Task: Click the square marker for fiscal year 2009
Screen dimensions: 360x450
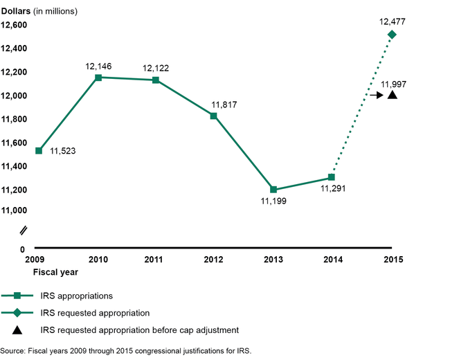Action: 39,150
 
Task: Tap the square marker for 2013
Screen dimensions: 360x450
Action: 274,189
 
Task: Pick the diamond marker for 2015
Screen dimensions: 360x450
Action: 392,34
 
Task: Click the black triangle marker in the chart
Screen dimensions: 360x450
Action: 392,95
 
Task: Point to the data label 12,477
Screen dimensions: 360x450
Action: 392,21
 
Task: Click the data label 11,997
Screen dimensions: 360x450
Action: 393,84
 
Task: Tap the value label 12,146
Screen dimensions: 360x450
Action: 99,66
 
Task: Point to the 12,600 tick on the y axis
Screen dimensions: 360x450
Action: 14,25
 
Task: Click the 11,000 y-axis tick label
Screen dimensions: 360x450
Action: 14,210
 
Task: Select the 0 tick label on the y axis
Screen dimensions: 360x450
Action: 22,249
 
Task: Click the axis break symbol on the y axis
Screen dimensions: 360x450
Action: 23,230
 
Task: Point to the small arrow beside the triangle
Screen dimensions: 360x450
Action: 376,95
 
